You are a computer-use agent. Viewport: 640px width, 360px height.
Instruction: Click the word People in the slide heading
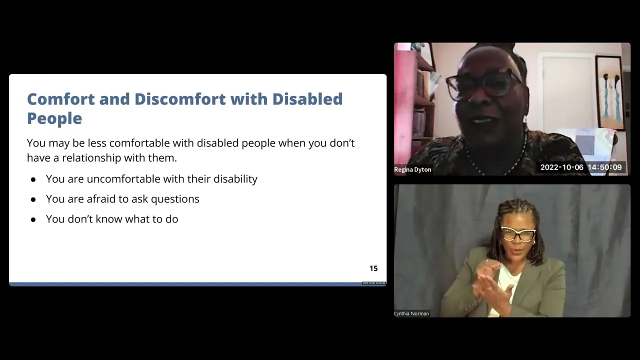pos(54,118)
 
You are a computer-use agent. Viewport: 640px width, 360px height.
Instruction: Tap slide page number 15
pos(373,268)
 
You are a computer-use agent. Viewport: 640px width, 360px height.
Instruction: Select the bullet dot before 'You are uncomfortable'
pos(33,179)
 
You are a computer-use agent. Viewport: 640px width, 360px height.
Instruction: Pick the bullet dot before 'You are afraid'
pos(33,199)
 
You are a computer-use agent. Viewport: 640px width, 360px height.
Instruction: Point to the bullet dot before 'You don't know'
pos(33,219)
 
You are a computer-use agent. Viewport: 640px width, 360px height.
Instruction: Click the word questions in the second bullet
pos(175,199)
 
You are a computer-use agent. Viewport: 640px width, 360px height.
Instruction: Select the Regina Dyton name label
pos(412,169)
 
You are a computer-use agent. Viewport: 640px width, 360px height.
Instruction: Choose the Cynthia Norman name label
pos(411,313)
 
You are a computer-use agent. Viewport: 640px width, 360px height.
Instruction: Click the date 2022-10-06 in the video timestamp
pos(561,167)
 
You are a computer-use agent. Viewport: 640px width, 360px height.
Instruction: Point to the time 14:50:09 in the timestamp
pos(604,167)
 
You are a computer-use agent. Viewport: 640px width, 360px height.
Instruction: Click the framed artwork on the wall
pos(609,93)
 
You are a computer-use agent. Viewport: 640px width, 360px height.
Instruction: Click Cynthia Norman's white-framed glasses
pos(518,233)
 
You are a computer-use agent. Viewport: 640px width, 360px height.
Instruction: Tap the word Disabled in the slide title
pos(307,99)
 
